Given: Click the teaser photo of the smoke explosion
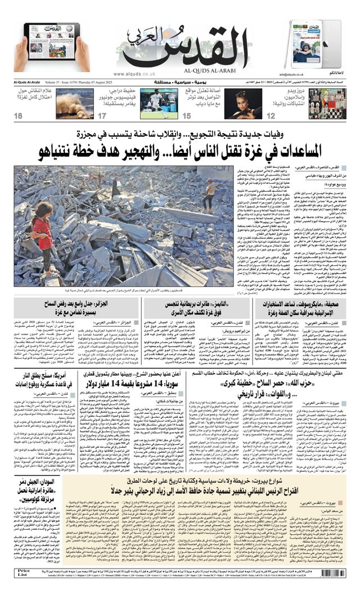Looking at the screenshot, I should [75, 103].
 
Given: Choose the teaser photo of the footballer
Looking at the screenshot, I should [159, 104].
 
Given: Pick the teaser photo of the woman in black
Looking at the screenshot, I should [243, 104].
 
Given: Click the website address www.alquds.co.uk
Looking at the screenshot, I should [134, 74].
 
